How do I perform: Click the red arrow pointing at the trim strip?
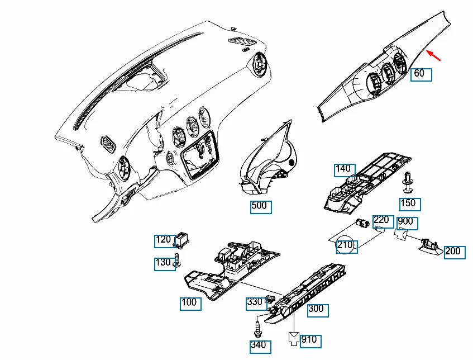433,55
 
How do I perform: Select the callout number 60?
421,74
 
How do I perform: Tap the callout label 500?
261,207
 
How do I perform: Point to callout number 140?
345,170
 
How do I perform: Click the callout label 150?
410,205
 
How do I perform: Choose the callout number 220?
384,221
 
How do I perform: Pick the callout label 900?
407,223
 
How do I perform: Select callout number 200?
455,253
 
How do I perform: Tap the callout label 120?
165,241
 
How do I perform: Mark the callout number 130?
165,264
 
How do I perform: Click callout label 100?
190,304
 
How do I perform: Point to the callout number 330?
257,304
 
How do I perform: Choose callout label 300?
318,310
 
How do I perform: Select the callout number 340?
261,347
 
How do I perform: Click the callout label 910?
310,342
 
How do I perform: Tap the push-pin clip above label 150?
408,182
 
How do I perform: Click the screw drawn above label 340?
257,329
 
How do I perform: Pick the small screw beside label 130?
178,260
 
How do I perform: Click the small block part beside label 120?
182,239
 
